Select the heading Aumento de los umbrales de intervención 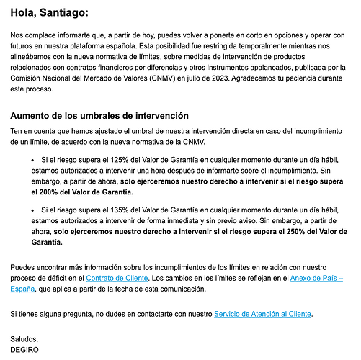99,115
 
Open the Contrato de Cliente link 117,277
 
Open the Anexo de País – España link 317,277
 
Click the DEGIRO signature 27,350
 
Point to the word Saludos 24,338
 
